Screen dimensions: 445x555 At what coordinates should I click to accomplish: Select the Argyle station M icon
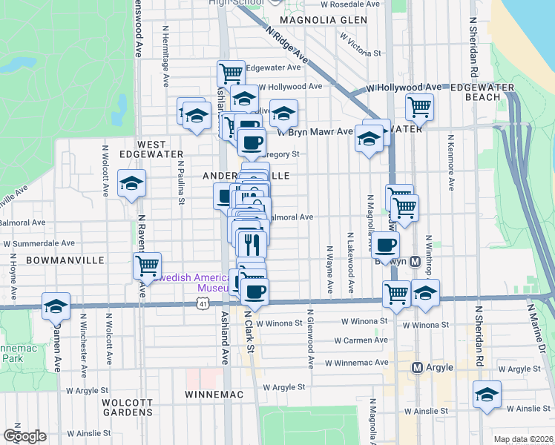click(417, 368)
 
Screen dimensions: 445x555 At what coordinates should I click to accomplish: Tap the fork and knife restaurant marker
click(252, 242)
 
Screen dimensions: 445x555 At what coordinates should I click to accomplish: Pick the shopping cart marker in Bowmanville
click(148, 265)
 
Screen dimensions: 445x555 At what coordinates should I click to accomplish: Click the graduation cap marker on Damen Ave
click(56, 305)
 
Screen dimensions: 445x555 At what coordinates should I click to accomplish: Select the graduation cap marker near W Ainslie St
click(487, 395)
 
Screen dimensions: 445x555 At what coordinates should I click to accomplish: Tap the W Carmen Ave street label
click(361, 340)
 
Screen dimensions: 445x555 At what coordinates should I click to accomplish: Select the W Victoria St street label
click(360, 53)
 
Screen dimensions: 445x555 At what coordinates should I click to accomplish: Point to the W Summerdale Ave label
click(39, 243)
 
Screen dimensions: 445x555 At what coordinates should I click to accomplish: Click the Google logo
click(24, 436)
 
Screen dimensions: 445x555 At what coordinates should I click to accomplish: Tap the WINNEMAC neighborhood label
click(214, 395)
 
